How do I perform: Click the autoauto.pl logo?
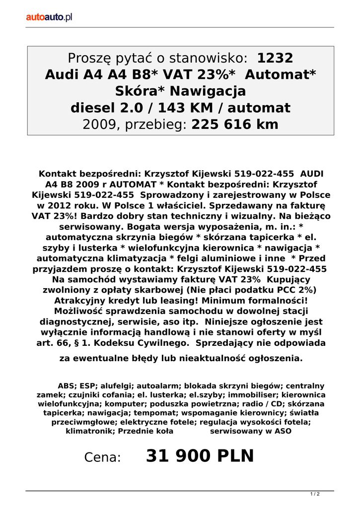(49, 17)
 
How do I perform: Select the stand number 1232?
(276, 59)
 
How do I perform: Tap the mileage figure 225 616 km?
(235, 125)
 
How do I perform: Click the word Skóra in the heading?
(140, 91)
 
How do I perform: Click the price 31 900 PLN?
(200, 456)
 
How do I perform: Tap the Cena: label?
(103, 457)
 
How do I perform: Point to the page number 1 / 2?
(315, 494)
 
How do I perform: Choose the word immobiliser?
(252, 395)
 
